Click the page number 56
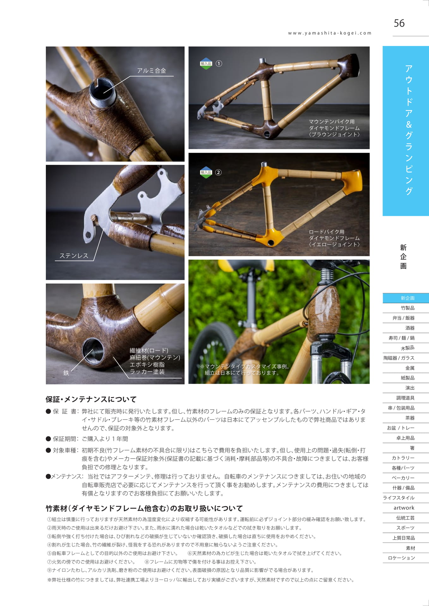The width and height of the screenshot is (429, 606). tap(399, 23)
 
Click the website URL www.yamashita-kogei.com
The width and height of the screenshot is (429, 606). tap(329, 33)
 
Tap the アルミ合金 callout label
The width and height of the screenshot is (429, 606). tap(152, 71)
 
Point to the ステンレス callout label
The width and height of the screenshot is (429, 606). tap(74, 256)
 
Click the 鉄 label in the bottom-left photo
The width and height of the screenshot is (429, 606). tap(66, 373)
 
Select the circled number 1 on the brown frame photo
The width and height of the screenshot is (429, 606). tap(219, 63)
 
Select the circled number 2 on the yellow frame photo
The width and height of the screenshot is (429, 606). tap(218, 172)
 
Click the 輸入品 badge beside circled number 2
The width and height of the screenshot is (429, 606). tap(206, 172)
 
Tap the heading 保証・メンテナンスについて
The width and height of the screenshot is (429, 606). tap(91, 399)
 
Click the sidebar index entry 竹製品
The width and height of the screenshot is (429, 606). tap(408, 308)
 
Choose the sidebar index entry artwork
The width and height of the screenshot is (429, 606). tap(404, 508)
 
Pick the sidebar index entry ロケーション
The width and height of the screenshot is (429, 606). tap(401, 558)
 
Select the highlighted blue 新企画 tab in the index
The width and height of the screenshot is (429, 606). tap(406, 298)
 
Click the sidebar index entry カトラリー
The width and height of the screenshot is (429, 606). tap(403, 458)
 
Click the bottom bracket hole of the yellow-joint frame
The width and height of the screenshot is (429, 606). tap(270, 243)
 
